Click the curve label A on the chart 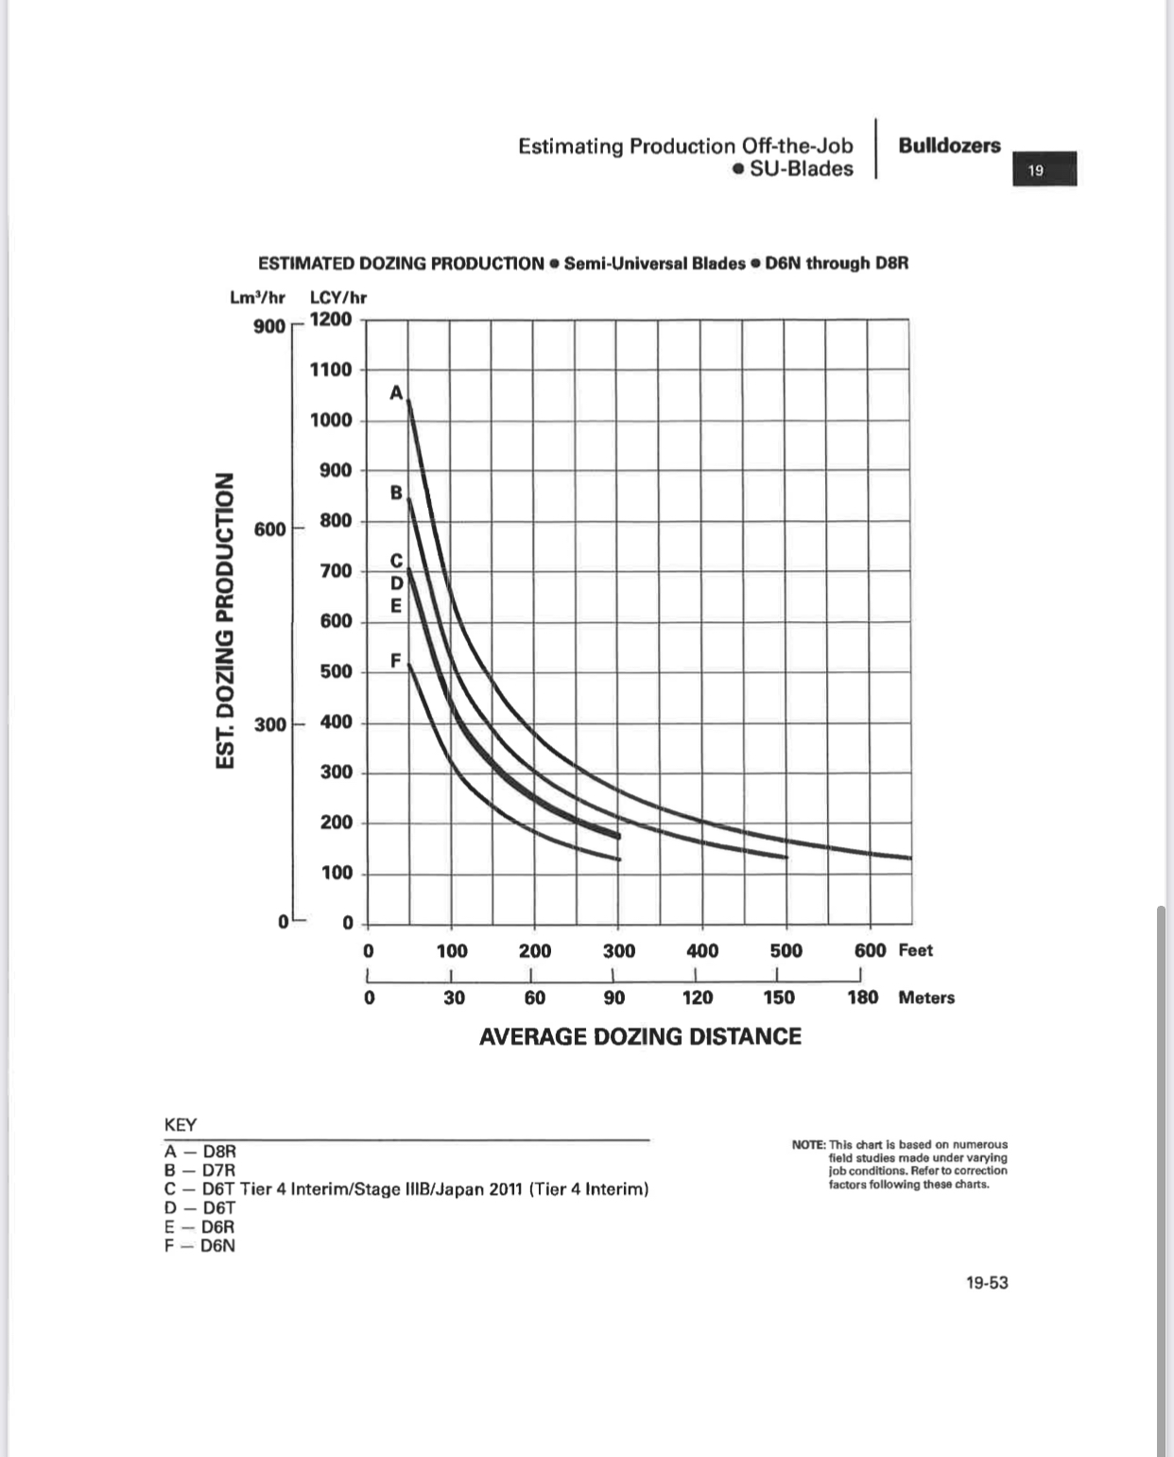[397, 392]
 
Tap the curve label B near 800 [397, 493]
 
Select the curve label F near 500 [396, 659]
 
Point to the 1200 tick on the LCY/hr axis [331, 319]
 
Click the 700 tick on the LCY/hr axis [336, 570]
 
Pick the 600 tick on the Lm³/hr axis [269, 529]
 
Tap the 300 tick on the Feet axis [619, 950]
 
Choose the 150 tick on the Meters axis [779, 997]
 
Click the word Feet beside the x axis [915, 950]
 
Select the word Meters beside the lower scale [926, 997]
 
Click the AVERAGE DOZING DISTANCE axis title [640, 1036]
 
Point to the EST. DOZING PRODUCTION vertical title [225, 620]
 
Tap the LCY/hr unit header [338, 297]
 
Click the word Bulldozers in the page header [949, 146]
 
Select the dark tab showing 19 [1044, 170]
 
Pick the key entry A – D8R [200, 1152]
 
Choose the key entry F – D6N [199, 1245]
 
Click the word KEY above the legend [181, 1125]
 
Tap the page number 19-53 [987, 1283]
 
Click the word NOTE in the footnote [808, 1144]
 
